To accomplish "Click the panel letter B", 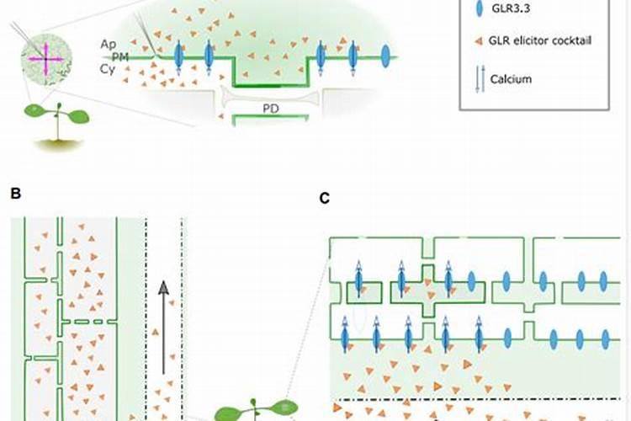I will click(15, 193).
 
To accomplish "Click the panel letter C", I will click(325, 199).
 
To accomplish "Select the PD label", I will click(271, 108).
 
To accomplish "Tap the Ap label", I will click(107, 44).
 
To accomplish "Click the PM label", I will click(120, 56).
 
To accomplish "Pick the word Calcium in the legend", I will click(513, 80).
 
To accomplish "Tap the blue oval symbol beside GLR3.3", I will click(480, 9).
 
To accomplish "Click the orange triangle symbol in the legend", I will click(479, 40).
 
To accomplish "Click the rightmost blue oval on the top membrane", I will click(385, 56).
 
